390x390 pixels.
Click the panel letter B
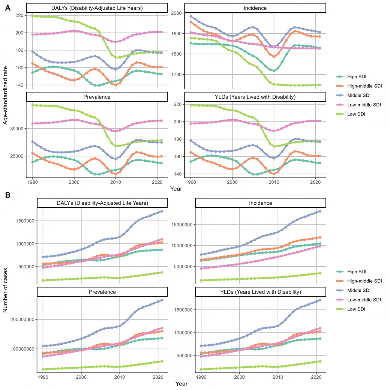pos(7,196)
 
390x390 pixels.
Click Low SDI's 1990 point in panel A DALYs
pos(33,16)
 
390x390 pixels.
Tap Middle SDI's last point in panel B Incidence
pos(320,211)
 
